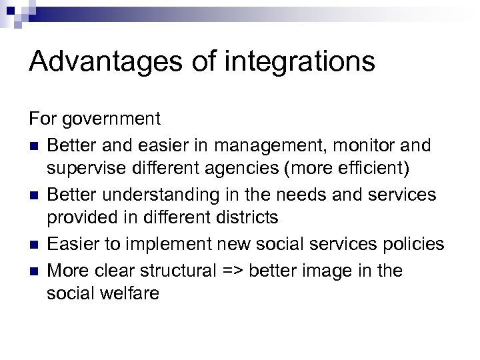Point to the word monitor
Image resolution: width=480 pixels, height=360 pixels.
pyautogui.click(x=365, y=145)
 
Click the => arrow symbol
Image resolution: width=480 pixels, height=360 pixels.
pyautogui.click(x=255, y=271)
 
